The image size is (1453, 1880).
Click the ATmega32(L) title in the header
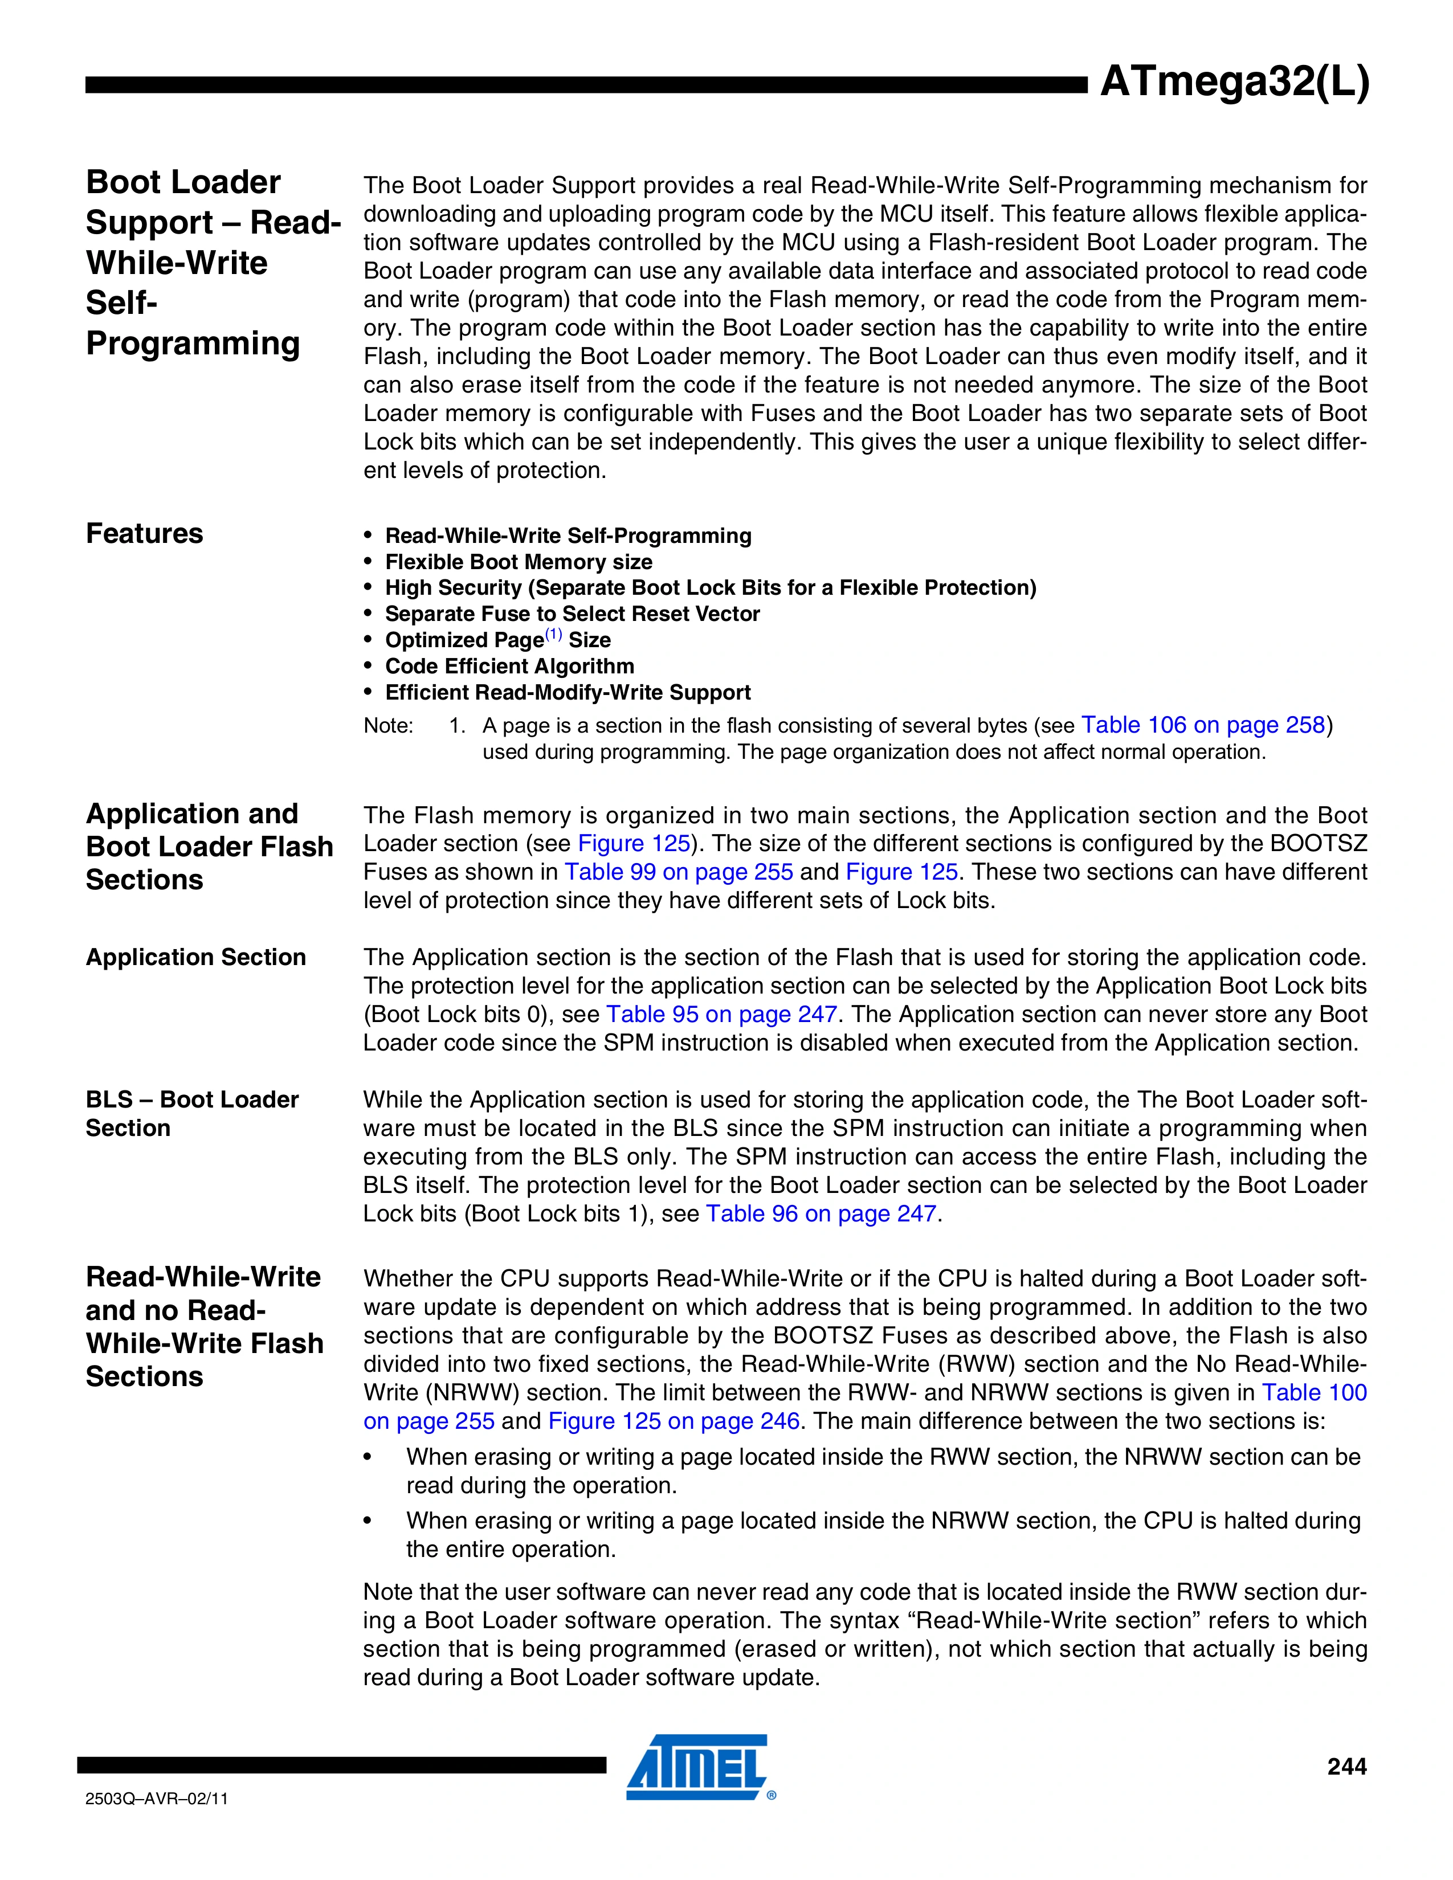coord(1234,84)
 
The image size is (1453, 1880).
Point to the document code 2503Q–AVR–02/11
coord(157,1798)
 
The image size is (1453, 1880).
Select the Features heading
coord(145,534)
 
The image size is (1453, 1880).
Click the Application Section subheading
coord(195,957)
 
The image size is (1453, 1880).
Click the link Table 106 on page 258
coord(1202,726)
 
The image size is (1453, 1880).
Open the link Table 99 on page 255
coord(678,872)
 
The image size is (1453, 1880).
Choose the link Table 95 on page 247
coord(721,1015)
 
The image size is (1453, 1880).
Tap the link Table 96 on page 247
coord(821,1213)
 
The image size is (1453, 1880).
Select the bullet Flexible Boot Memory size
coord(518,562)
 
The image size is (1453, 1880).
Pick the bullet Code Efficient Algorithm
coord(509,667)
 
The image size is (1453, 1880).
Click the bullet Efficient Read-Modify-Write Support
coord(568,693)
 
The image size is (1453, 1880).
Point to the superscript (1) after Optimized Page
coord(553,635)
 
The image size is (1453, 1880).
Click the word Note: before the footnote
coord(388,726)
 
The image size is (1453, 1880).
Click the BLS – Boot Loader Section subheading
coord(191,1114)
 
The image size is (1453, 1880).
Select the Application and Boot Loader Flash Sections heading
coord(209,847)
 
